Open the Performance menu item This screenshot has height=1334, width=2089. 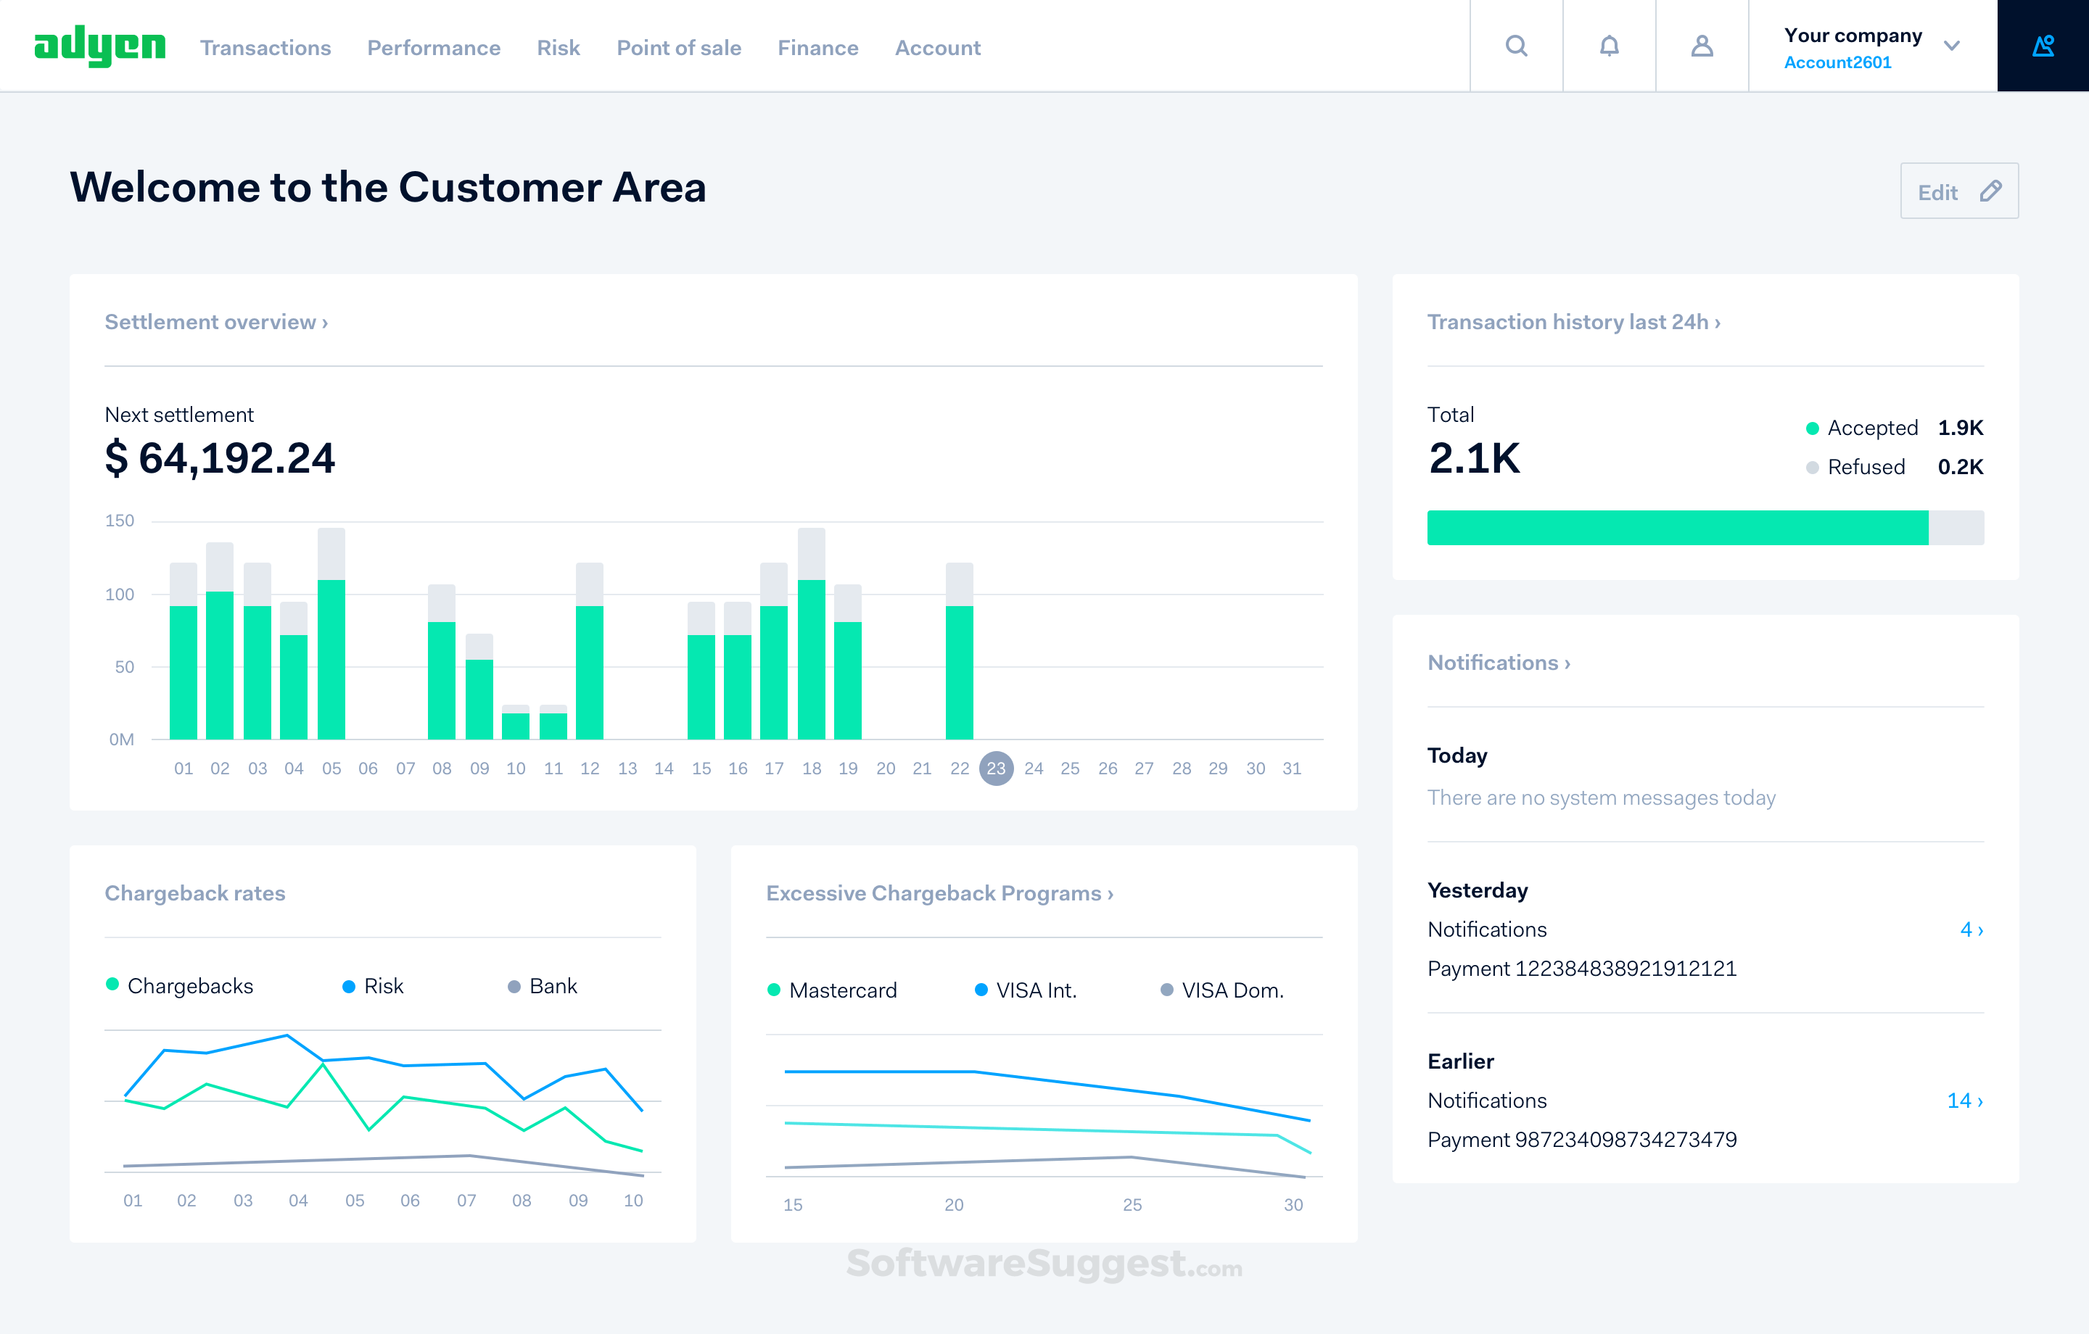(x=433, y=48)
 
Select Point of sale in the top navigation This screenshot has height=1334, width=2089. (x=678, y=48)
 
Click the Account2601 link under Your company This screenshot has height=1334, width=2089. (x=1837, y=62)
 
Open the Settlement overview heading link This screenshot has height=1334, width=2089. (x=216, y=322)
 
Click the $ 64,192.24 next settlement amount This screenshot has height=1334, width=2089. (x=220, y=458)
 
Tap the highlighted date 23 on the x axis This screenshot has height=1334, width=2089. (x=996, y=768)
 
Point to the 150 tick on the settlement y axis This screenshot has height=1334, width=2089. (x=120, y=521)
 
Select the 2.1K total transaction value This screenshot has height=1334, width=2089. (x=1474, y=458)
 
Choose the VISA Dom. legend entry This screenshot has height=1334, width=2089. (x=1223, y=990)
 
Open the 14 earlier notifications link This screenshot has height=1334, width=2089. (x=1964, y=1101)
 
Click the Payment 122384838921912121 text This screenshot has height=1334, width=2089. (x=1581, y=969)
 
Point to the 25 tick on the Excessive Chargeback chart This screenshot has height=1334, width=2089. (x=1132, y=1205)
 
